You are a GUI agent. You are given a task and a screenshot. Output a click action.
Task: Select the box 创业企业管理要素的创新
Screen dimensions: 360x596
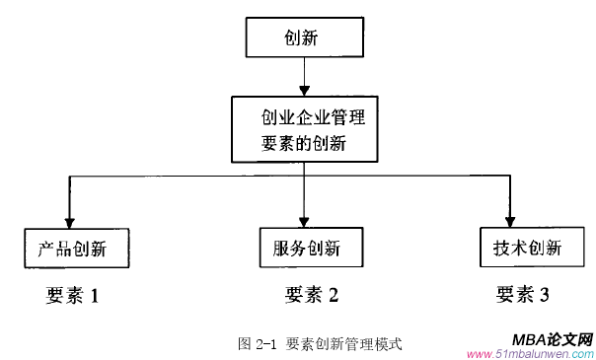(304, 129)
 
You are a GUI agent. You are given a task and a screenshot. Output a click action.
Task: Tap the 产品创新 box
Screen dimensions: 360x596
(77, 248)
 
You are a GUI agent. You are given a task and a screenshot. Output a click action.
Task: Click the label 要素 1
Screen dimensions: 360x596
(73, 295)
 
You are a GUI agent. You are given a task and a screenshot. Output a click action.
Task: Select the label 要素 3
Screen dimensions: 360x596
(523, 294)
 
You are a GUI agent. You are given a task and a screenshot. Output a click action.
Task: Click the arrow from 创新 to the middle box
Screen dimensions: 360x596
(305, 77)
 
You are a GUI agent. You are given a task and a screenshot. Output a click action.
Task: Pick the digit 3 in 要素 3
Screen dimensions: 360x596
(544, 294)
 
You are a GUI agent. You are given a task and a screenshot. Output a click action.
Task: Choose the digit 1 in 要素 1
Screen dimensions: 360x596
(96, 295)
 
